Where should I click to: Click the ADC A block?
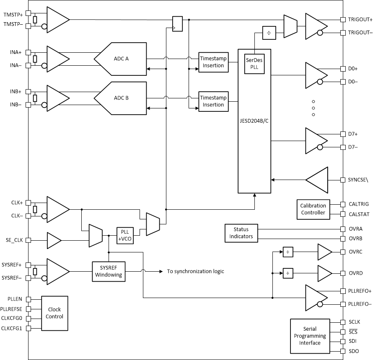coord(122,59)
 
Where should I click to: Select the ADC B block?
coord(122,98)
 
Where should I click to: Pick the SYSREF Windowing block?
coord(109,271)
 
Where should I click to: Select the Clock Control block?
coord(54,313)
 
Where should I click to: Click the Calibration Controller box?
coord(313,209)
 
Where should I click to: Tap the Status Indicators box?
coord(241,233)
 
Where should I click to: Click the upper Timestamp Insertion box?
coord(213,62)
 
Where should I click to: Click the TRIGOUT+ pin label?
coord(360,19)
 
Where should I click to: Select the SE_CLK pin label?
coord(13,240)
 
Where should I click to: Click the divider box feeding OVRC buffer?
coord(288,252)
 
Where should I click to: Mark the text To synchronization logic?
coord(195,271)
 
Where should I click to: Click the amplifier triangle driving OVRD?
coord(324,273)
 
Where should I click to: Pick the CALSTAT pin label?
coord(358,213)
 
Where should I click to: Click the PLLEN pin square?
coord(28,299)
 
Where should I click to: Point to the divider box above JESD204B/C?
coord(269,33)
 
